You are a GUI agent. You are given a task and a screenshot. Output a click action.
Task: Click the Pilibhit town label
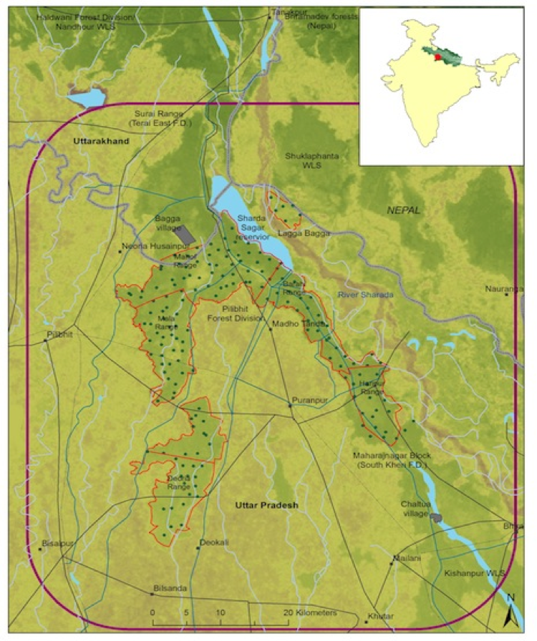pos(59,334)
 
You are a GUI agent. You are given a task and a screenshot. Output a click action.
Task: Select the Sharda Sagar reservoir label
pos(252,227)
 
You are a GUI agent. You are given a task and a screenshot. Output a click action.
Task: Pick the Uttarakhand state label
pos(101,142)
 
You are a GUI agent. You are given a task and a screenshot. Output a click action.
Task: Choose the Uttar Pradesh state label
pos(266,506)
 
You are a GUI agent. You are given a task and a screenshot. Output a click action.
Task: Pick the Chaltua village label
pos(415,509)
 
